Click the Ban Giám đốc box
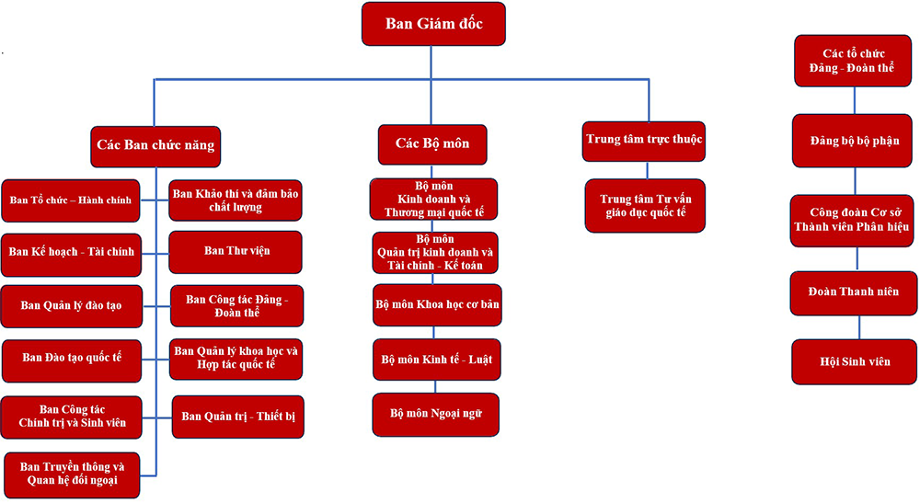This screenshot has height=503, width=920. pyautogui.click(x=433, y=24)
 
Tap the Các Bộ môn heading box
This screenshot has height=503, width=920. pyautogui.click(x=432, y=144)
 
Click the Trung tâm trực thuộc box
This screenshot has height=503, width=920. pyautogui.click(x=644, y=141)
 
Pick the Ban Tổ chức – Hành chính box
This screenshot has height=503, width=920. pyautogui.click(x=71, y=200)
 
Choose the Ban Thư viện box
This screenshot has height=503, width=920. pyautogui.click(x=236, y=251)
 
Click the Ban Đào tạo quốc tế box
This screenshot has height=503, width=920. pyautogui.click(x=72, y=359)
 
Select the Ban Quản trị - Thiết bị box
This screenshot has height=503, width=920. pyautogui.click(x=237, y=417)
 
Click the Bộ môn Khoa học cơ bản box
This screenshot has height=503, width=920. pyautogui.click(x=437, y=303)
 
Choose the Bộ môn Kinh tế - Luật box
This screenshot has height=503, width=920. pyautogui.click(x=437, y=360)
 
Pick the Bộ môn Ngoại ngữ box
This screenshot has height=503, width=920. pyautogui.click(x=436, y=414)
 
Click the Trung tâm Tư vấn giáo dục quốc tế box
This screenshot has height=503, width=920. pyautogui.click(x=644, y=206)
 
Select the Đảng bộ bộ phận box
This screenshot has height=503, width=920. pyautogui.click(x=855, y=142)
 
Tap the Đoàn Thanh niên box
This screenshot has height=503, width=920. pyautogui.click(x=855, y=292)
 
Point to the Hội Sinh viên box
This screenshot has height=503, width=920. pyautogui.click(x=855, y=362)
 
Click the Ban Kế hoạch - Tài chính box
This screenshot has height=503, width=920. pyautogui.click(x=71, y=252)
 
